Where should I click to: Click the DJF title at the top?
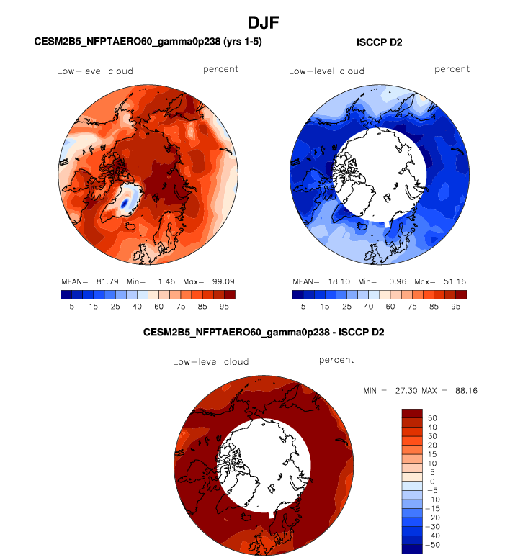(264, 23)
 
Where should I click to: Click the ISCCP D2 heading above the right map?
(379, 42)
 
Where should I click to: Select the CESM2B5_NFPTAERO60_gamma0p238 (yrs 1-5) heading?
(148, 42)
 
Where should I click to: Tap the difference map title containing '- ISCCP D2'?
(264, 332)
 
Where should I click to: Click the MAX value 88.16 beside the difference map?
(465, 391)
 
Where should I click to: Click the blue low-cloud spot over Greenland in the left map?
(124, 204)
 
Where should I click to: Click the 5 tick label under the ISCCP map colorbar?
(303, 307)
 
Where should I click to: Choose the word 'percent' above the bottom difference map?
(336, 360)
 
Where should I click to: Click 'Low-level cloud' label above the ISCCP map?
(327, 71)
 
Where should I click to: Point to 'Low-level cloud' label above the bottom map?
(211, 362)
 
